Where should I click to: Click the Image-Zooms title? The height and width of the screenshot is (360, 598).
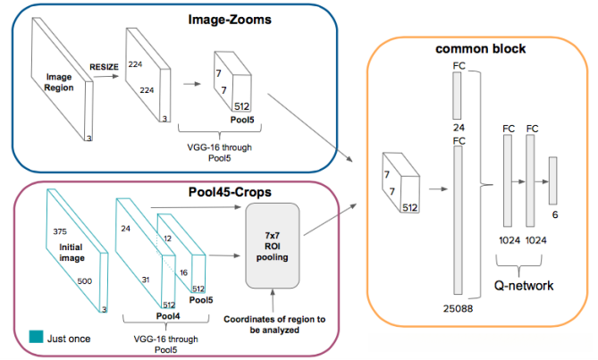(x=230, y=20)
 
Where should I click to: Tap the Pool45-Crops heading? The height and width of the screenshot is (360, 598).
(x=230, y=192)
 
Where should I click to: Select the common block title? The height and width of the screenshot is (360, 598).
(x=481, y=49)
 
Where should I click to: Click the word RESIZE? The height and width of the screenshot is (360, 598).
(x=104, y=67)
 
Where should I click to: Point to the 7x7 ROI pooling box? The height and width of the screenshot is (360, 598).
(x=273, y=246)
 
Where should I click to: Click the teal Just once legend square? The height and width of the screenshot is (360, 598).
(x=37, y=337)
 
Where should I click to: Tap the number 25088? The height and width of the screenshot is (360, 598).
(x=458, y=308)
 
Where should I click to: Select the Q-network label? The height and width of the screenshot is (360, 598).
(x=524, y=286)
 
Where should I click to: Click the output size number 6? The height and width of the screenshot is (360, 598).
(x=555, y=215)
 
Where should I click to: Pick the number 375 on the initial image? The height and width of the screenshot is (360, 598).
(x=60, y=231)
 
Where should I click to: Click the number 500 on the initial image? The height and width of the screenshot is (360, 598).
(x=85, y=281)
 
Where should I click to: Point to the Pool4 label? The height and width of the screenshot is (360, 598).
(x=168, y=316)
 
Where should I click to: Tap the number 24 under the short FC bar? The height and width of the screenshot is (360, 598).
(x=459, y=128)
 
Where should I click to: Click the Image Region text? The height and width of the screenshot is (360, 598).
(x=59, y=82)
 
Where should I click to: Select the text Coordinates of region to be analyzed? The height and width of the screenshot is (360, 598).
(x=274, y=324)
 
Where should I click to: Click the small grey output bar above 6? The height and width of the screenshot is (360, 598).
(x=552, y=180)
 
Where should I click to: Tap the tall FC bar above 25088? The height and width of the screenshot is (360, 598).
(x=458, y=220)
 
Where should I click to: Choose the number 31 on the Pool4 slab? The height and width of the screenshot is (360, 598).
(x=146, y=280)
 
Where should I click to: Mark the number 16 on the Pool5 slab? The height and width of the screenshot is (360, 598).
(x=184, y=272)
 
